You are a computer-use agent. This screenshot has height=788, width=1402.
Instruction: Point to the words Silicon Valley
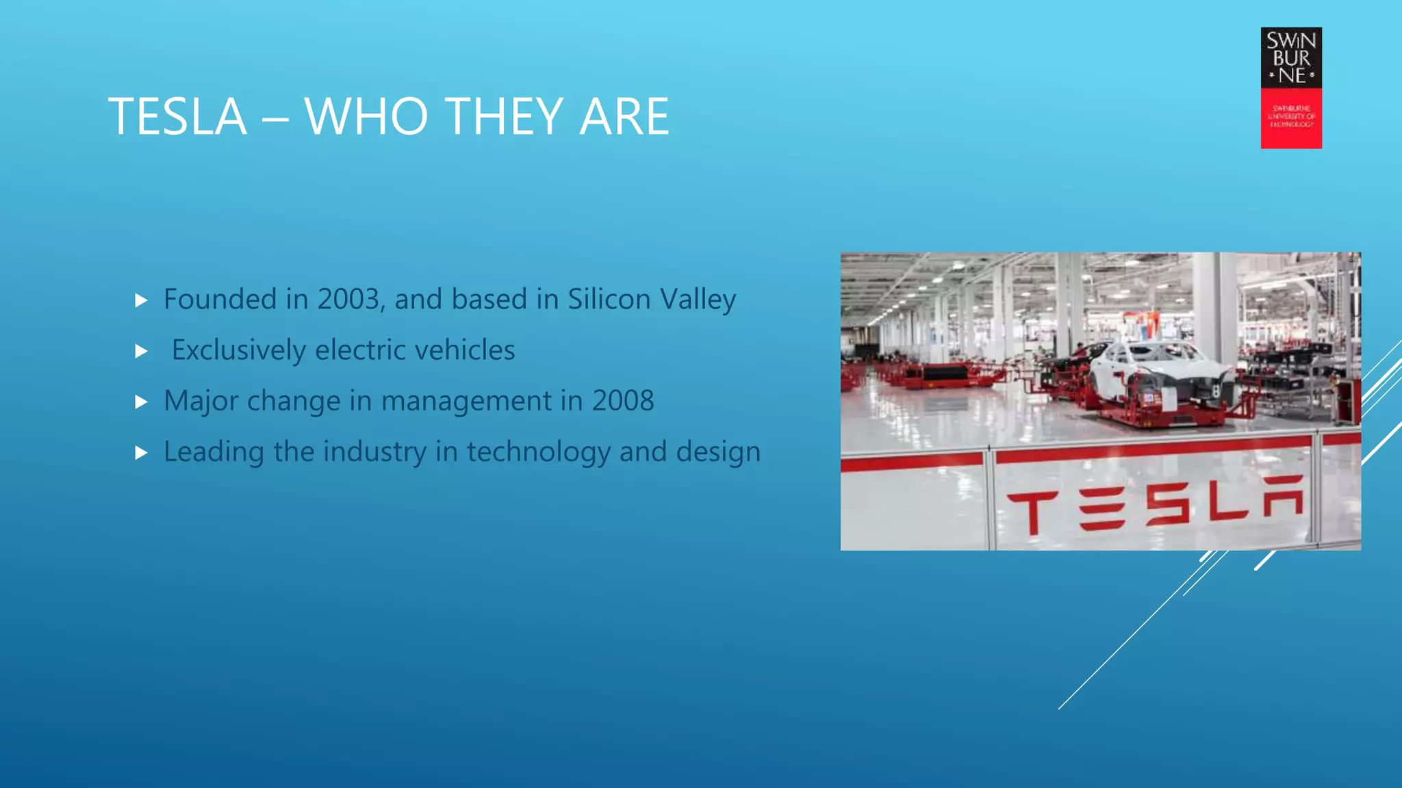click(652, 300)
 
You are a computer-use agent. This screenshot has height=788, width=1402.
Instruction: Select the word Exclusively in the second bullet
click(238, 350)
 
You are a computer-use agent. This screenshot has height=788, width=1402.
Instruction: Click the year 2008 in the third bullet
click(622, 401)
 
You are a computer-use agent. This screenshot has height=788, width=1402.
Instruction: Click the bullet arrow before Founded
click(142, 300)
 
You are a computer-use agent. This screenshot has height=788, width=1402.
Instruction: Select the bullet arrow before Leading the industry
click(142, 452)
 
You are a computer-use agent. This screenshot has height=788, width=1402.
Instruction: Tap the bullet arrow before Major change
click(142, 402)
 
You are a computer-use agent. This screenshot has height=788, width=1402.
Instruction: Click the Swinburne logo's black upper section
click(1291, 58)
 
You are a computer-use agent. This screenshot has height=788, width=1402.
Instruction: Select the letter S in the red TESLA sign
click(1168, 504)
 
